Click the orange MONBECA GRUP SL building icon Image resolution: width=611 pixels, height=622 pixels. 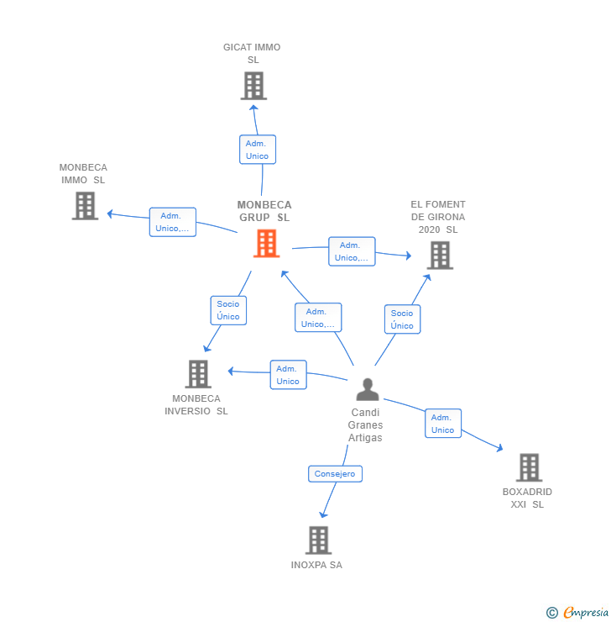point(266,244)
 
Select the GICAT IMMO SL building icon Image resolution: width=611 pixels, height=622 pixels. point(253,86)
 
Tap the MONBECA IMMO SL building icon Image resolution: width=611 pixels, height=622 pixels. point(85,206)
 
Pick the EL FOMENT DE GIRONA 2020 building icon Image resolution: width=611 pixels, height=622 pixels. point(440,255)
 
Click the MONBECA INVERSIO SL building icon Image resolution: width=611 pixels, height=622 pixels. point(197,374)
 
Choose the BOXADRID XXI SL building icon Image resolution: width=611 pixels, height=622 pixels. point(528,467)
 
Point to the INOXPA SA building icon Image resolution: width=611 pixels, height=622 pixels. point(317,540)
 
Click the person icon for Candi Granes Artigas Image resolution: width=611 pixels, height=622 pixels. point(367,389)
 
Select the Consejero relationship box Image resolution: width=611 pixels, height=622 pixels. point(335,474)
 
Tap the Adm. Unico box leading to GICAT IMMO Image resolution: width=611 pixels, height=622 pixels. point(257,150)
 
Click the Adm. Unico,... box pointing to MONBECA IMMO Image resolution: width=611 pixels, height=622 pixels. point(172,222)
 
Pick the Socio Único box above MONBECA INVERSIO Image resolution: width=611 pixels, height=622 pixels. point(228,310)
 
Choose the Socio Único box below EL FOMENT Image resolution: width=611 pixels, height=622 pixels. point(402,319)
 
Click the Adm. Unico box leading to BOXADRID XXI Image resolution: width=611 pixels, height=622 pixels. point(442,424)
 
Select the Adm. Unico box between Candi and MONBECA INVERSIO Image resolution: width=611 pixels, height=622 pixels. point(288,375)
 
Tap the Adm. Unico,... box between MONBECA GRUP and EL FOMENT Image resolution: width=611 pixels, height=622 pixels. point(352,251)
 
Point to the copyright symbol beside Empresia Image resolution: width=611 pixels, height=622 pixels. point(552,613)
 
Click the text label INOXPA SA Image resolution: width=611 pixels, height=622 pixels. point(316,565)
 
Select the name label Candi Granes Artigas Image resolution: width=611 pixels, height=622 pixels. point(365,425)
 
